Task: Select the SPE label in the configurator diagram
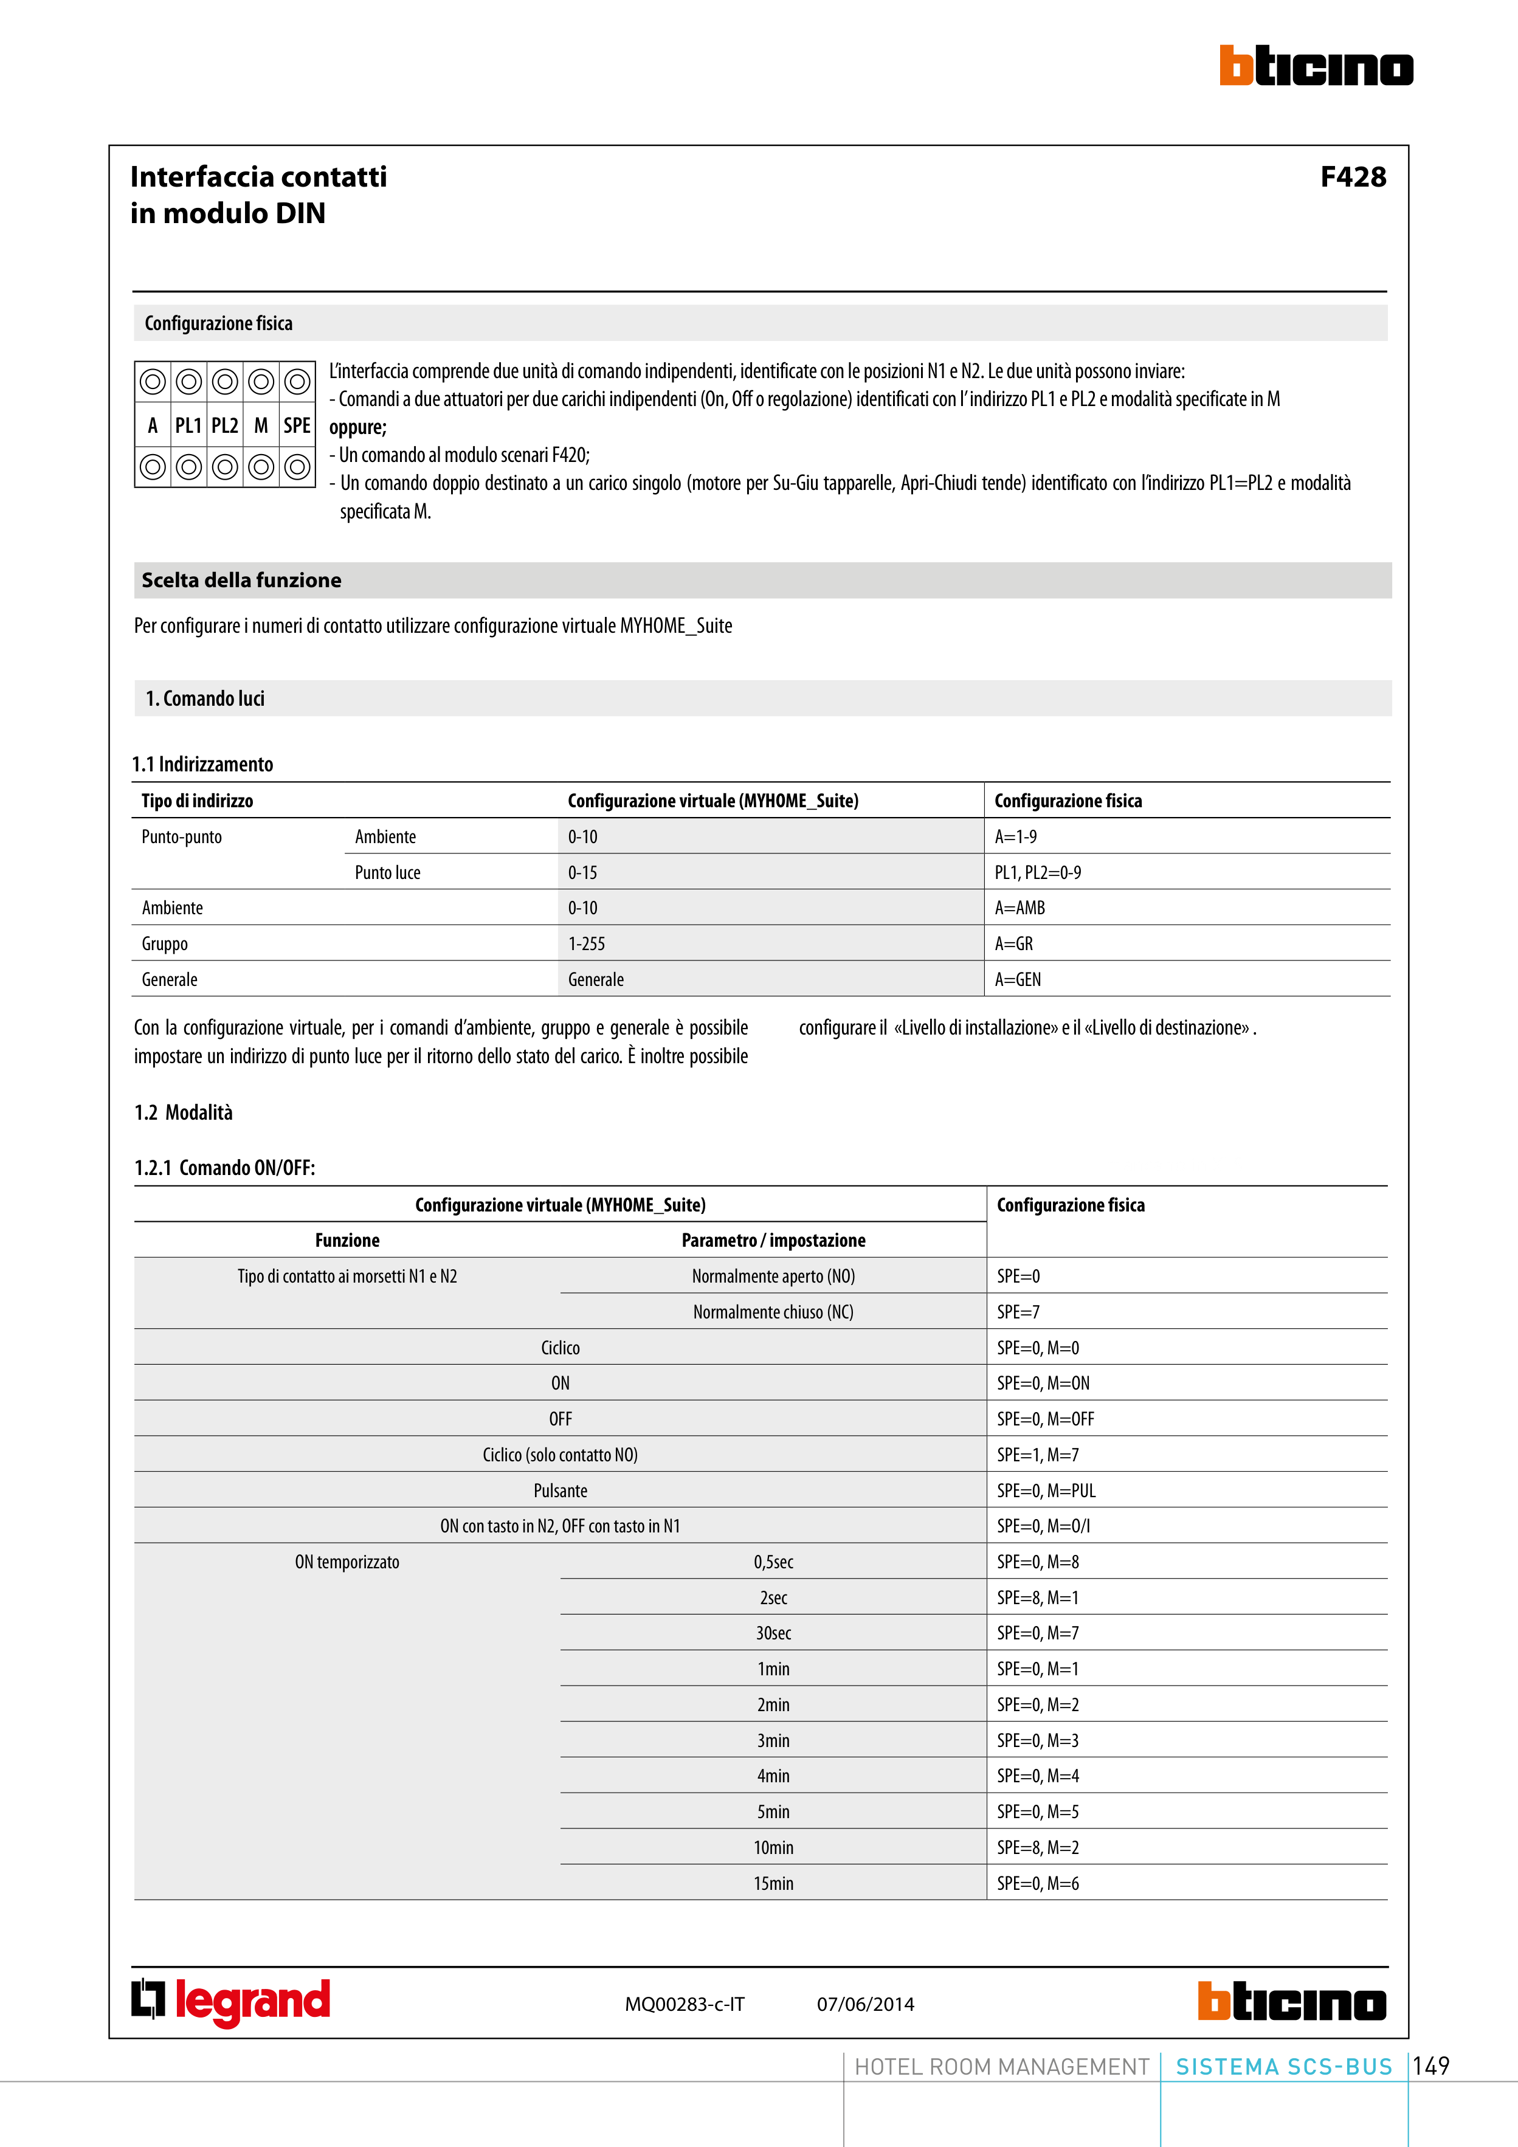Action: tap(297, 426)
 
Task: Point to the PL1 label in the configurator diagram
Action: tap(188, 426)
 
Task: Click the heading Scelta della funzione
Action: tap(241, 580)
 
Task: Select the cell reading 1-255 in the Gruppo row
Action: tap(587, 943)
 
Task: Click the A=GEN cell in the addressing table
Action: tap(1018, 979)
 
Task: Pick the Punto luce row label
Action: tap(387, 872)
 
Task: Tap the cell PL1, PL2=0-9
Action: tap(1037, 872)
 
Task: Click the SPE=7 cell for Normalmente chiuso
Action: tap(1018, 1312)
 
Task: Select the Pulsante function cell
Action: tap(561, 1490)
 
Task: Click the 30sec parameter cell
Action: tap(773, 1633)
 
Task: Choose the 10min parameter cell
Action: tap(773, 1848)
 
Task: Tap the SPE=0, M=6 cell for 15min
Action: tap(1037, 1883)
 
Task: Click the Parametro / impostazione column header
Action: tap(773, 1240)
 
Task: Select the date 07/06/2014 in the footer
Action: tap(865, 2004)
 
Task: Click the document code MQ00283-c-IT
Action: tap(685, 2004)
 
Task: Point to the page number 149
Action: tap(1431, 2066)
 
